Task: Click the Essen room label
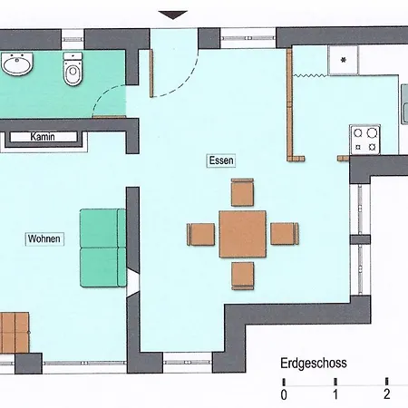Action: pyautogui.click(x=221, y=160)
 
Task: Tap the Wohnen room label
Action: pyautogui.click(x=44, y=238)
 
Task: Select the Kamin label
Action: pyautogui.click(x=43, y=137)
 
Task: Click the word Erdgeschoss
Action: pyautogui.click(x=314, y=364)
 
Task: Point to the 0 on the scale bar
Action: pyautogui.click(x=284, y=394)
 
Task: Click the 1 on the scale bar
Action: pyautogui.click(x=335, y=394)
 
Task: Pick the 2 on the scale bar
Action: pyautogui.click(x=387, y=394)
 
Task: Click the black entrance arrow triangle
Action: pyautogui.click(x=173, y=15)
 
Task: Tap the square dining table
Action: pyautogui.click(x=243, y=234)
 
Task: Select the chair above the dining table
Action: pyautogui.click(x=242, y=192)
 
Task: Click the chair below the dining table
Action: pyautogui.click(x=243, y=276)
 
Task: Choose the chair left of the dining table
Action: pyautogui.click(x=201, y=234)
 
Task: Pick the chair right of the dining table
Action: pyautogui.click(x=285, y=234)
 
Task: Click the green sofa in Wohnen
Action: pyautogui.click(x=103, y=248)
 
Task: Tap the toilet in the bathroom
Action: pyautogui.click(x=73, y=69)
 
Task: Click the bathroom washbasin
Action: pyautogui.click(x=17, y=63)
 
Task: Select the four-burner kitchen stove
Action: pyautogui.click(x=364, y=140)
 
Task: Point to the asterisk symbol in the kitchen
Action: pyautogui.click(x=344, y=60)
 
